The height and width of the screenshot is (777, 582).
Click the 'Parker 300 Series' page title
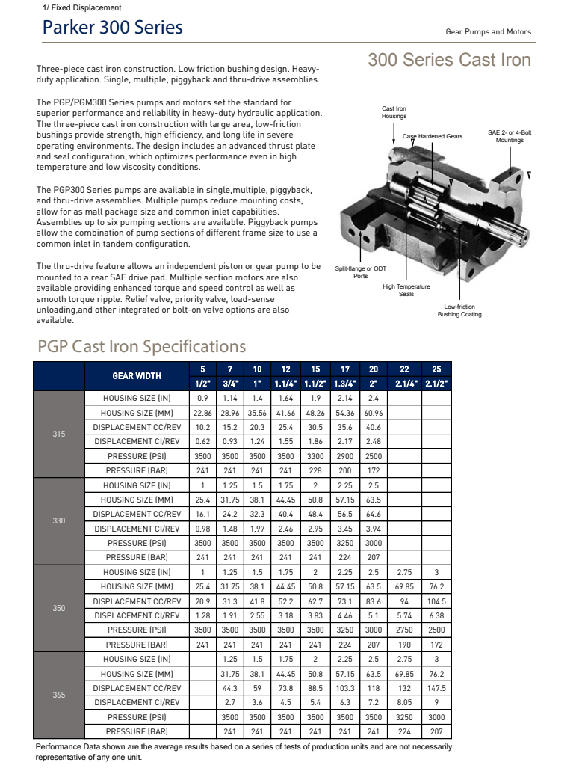click(112, 28)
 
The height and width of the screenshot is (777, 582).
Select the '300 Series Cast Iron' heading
click(449, 60)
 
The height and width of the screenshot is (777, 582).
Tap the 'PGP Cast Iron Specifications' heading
click(141, 346)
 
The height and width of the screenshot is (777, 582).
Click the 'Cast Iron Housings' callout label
click(394, 112)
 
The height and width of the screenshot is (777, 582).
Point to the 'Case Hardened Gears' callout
click(433, 136)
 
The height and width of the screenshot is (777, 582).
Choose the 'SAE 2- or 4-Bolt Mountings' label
click(510, 136)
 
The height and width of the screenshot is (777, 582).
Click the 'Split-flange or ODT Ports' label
click(360, 272)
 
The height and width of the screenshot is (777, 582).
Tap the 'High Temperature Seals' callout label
click(406, 290)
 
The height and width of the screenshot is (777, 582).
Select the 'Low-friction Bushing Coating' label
click(459, 310)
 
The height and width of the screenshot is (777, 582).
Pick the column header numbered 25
click(436, 369)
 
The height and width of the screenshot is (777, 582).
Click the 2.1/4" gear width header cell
click(405, 383)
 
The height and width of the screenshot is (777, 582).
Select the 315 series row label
click(59, 434)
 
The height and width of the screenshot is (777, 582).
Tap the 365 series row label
click(59, 695)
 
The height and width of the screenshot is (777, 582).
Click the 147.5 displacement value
click(436, 688)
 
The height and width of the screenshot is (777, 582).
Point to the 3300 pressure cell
click(315, 455)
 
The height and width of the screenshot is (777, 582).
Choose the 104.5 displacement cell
click(436, 601)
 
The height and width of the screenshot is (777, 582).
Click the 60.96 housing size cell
click(374, 412)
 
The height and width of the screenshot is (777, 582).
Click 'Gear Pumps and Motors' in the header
click(488, 32)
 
